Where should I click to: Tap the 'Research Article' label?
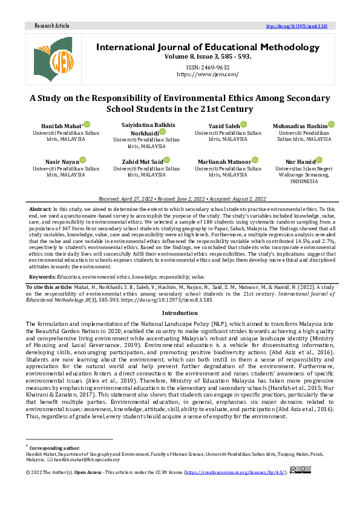(x=52, y=26)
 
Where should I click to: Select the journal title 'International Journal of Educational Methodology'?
(x=208, y=47)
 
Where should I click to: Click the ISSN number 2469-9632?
(x=208, y=67)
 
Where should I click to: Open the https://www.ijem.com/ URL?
(x=208, y=74)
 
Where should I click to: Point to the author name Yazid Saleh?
(x=224, y=125)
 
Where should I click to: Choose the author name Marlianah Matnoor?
(x=224, y=161)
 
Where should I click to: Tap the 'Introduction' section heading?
(x=180, y=313)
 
